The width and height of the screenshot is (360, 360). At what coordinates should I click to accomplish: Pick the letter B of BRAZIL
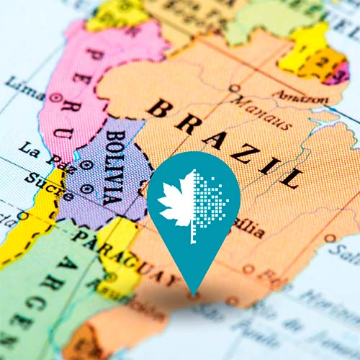[160, 108]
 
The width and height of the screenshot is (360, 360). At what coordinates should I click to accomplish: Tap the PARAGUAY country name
[127, 255]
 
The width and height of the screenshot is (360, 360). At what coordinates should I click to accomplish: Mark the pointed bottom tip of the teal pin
[192, 293]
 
